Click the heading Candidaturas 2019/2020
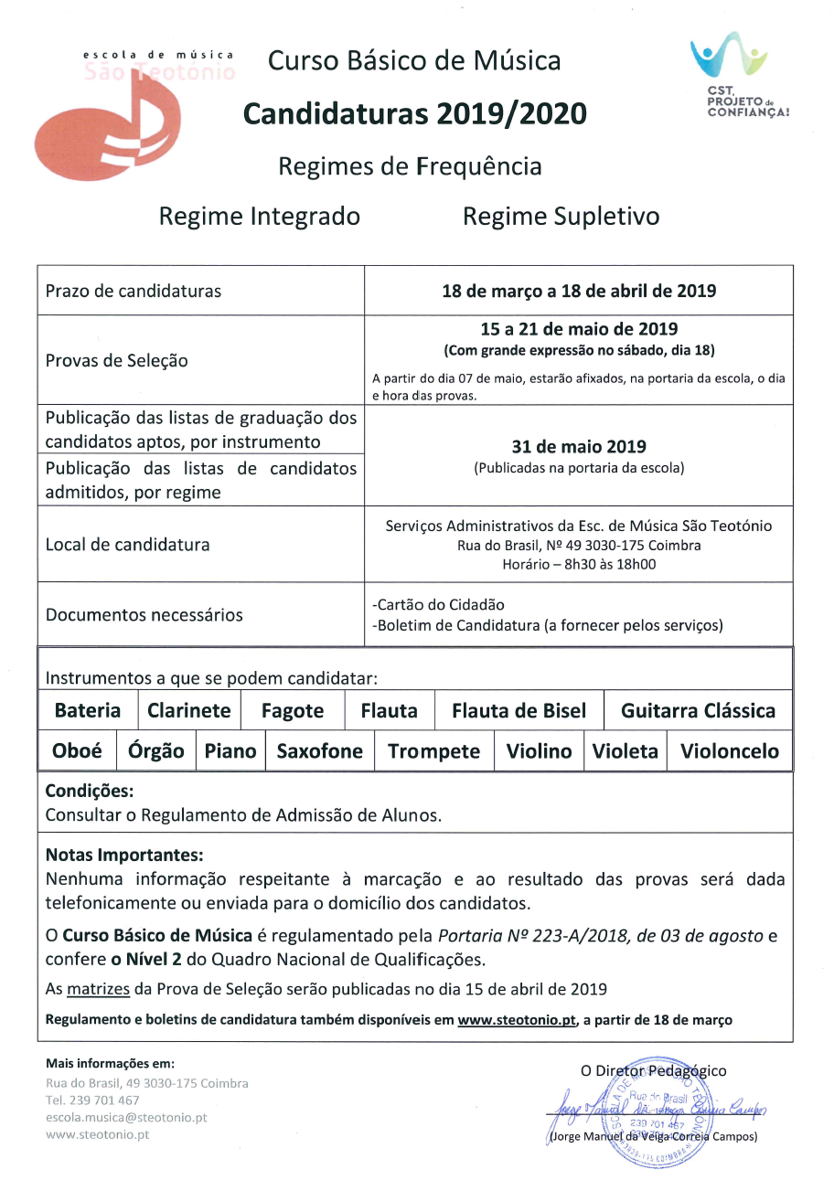414,114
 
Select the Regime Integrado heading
260,217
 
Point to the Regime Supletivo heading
561,217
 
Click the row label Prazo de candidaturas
134,292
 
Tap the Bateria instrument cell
88,710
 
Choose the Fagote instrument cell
293,710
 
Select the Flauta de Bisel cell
519,710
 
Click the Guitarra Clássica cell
698,710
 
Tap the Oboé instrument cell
78,751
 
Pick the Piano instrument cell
230,751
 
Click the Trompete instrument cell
433,751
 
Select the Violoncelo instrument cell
729,751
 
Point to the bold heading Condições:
90,792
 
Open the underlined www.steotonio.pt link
517,1019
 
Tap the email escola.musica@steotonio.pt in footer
126,1117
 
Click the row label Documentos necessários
144,614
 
